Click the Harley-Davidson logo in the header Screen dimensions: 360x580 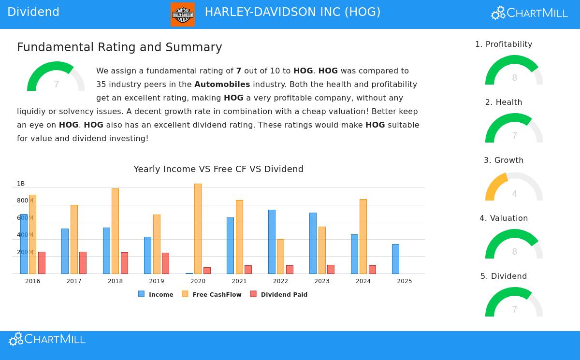[x=182, y=14]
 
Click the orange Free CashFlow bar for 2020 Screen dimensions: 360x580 [x=198, y=229]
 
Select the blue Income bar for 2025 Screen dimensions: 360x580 [x=395, y=259]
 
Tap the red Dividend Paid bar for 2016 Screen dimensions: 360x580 [x=42, y=262]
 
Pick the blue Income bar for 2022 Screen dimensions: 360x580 [x=272, y=242]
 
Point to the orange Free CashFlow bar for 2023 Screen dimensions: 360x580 [x=322, y=250]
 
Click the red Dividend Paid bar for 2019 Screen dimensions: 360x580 [x=165, y=263]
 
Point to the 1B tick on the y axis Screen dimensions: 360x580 [x=21, y=184]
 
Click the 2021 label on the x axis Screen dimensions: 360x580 [x=239, y=281]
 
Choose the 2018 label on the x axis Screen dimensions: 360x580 [x=115, y=281]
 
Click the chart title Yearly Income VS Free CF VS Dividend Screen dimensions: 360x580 [x=218, y=169]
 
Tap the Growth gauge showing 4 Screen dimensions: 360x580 [x=514, y=187]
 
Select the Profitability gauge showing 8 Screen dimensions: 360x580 [x=514, y=72]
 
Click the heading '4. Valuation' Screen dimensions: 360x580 [x=504, y=218]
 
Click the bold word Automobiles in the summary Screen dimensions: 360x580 [x=222, y=85]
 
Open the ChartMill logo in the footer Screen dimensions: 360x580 [x=47, y=339]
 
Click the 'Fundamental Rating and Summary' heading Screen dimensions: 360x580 [x=119, y=47]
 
